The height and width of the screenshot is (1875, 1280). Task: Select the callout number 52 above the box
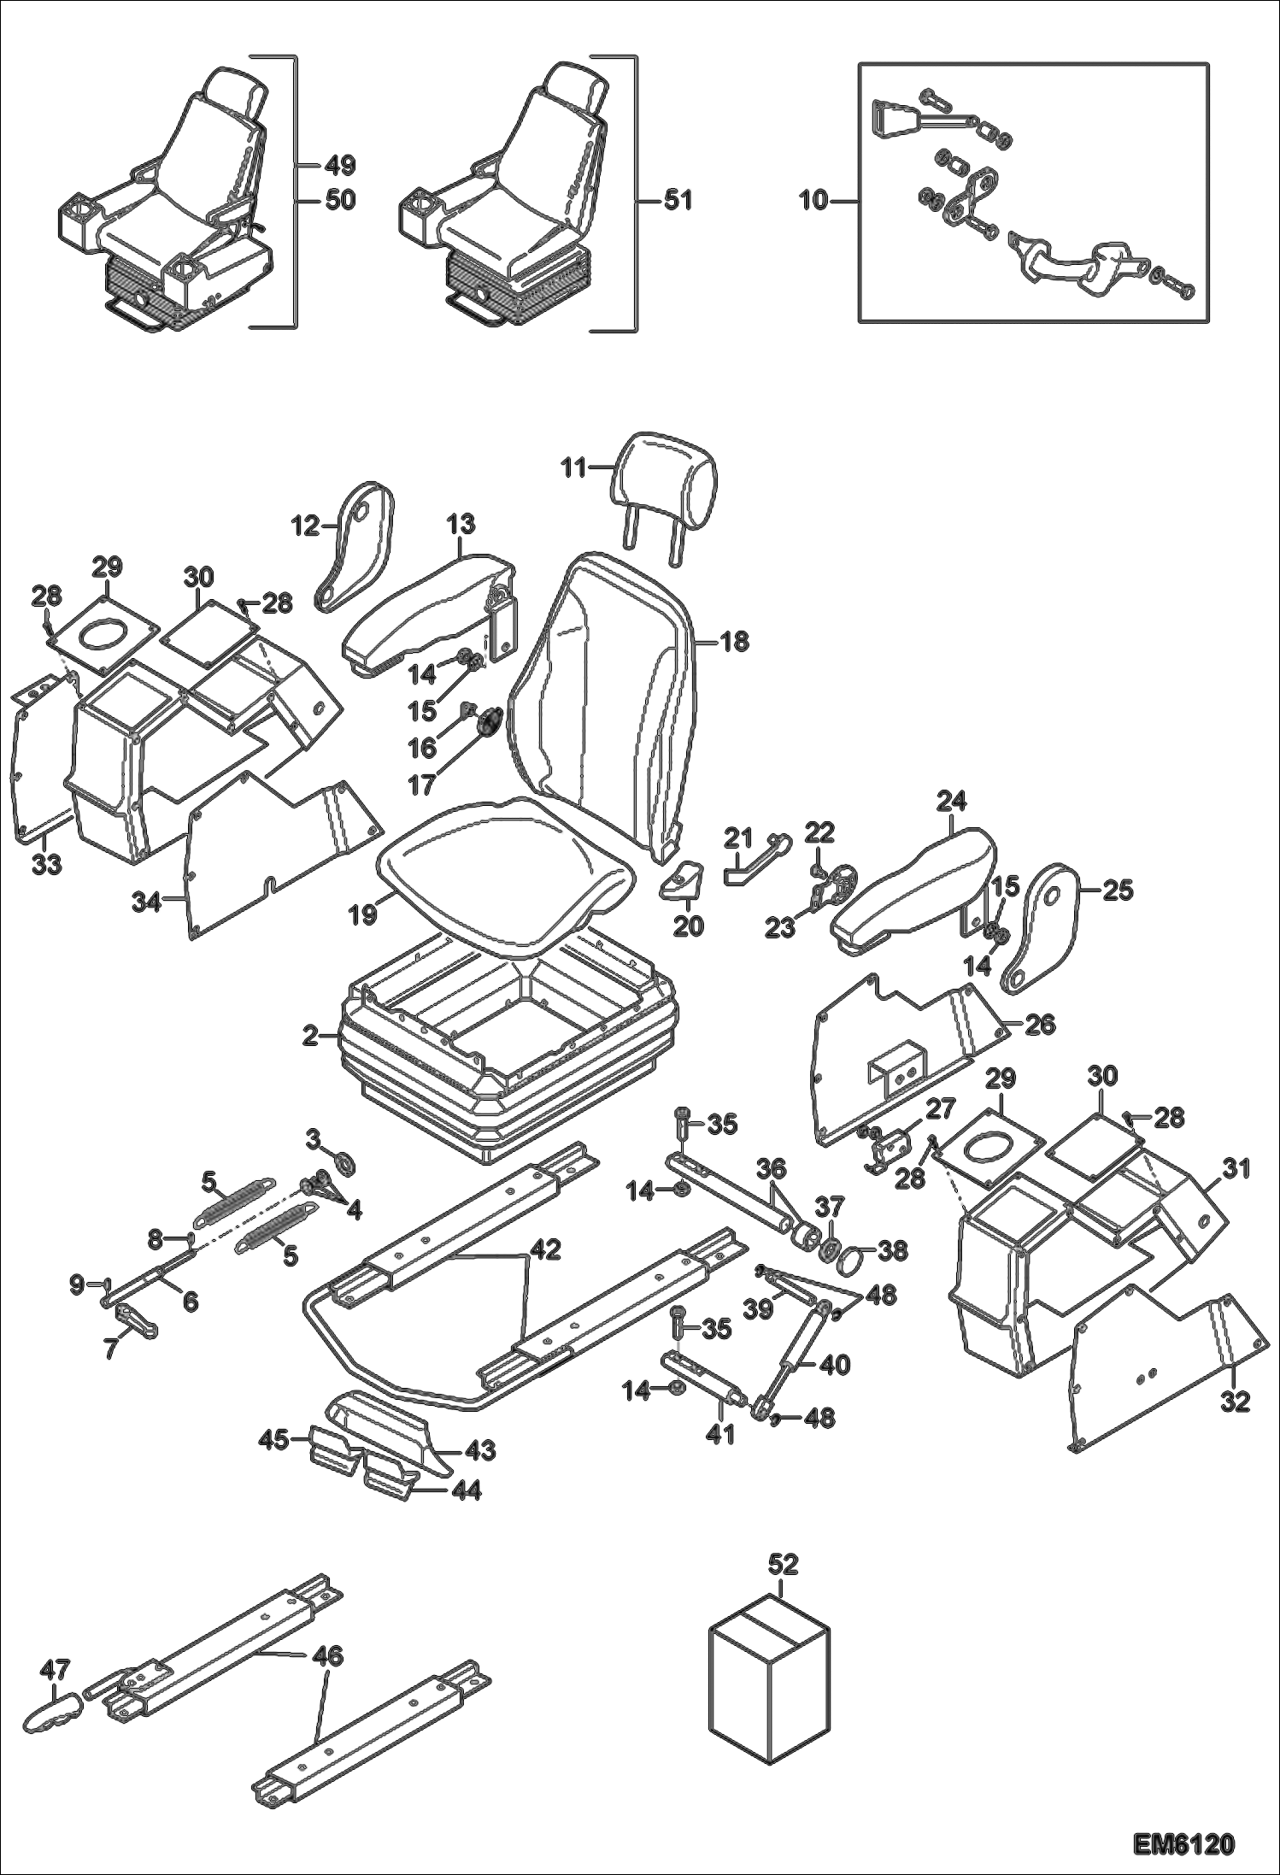pos(783,1564)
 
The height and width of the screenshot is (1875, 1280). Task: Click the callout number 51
pos(678,201)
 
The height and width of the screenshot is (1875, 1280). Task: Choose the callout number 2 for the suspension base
pos(310,1037)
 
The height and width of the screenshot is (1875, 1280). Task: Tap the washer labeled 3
pos(347,1163)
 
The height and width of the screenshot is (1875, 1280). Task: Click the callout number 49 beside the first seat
pos(339,165)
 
